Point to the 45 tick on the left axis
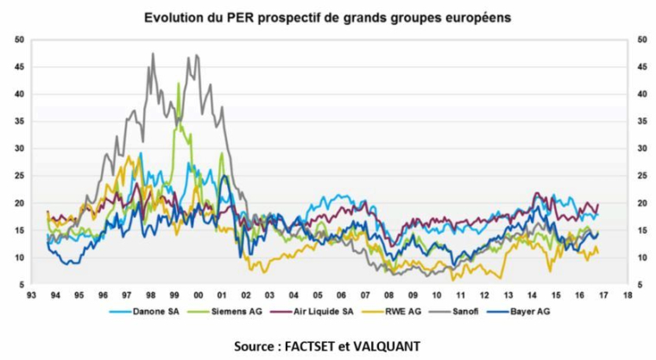pos(19,66)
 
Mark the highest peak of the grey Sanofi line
pos(153,54)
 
